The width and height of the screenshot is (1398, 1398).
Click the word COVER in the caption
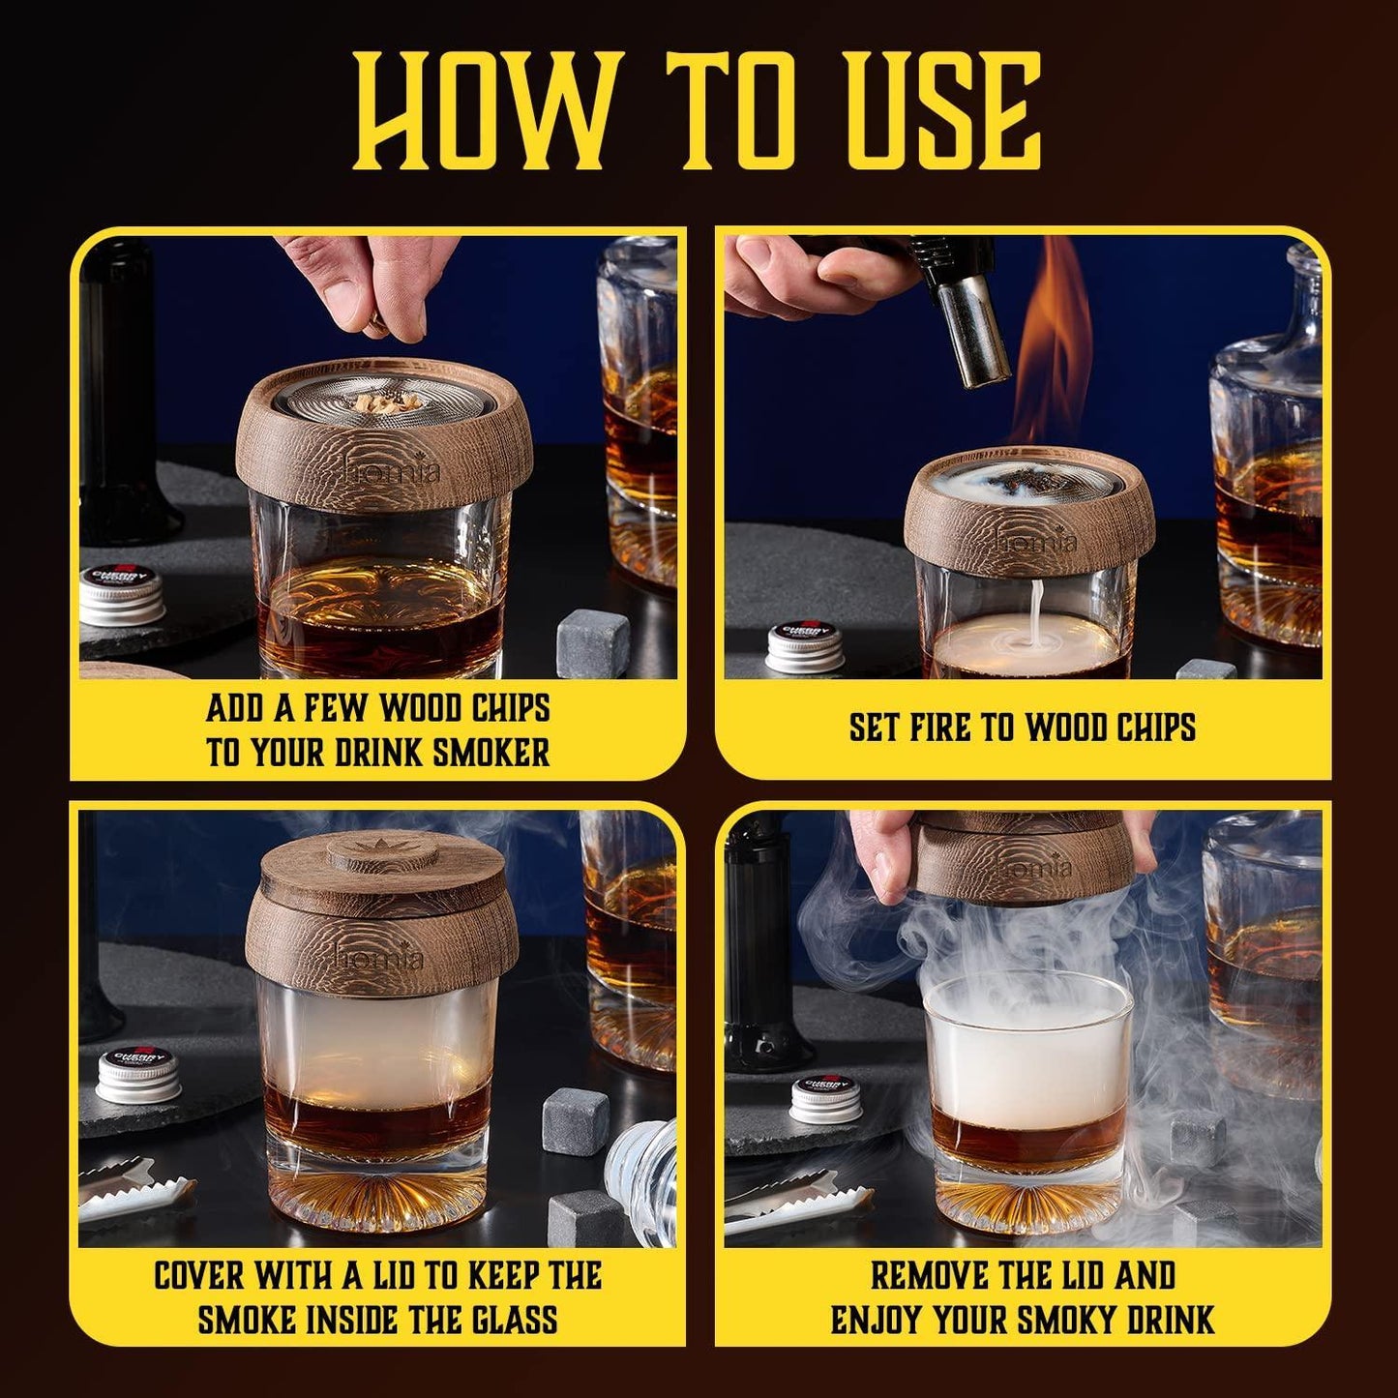click(201, 1275)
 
